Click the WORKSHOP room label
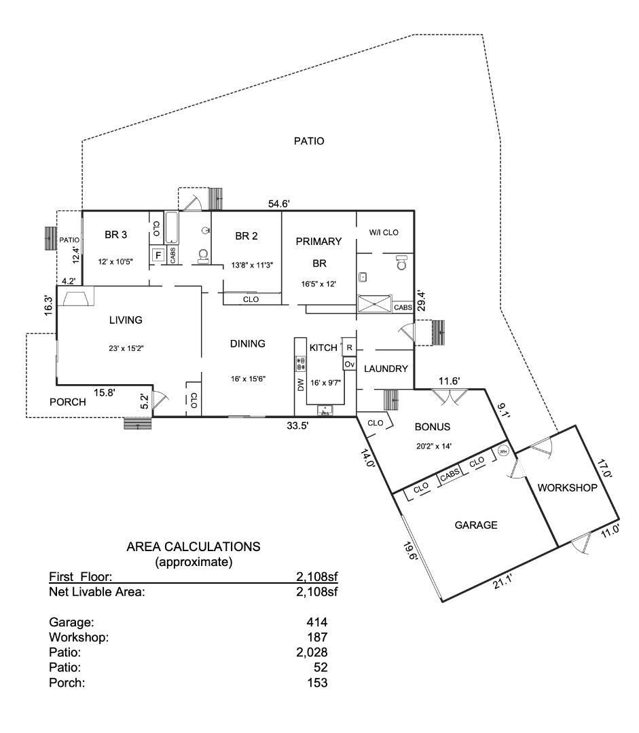567,488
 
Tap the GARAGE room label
476,525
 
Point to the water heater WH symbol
503,451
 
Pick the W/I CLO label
384,232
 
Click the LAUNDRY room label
386,369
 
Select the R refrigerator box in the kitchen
349,347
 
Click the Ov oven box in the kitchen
349,364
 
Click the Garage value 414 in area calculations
317,622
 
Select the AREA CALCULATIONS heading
194,546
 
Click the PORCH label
68,402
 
